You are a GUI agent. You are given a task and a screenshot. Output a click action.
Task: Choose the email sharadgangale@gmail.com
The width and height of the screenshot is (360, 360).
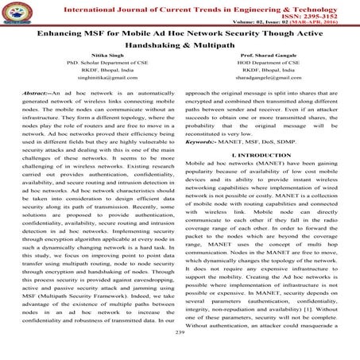[264, 92]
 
